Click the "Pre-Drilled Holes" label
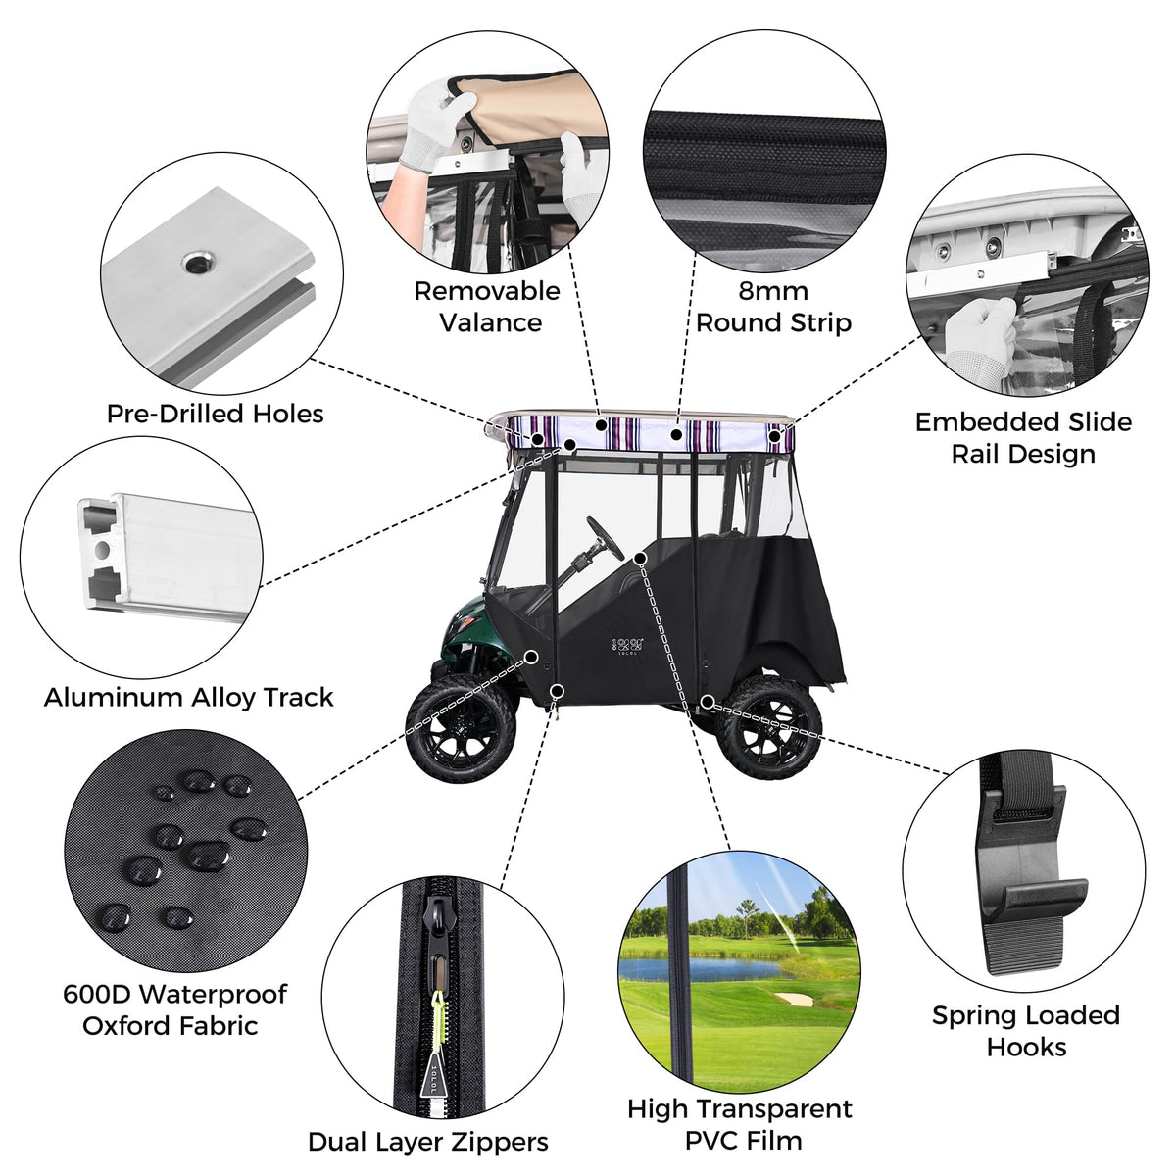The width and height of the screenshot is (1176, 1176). (x=216, y=414)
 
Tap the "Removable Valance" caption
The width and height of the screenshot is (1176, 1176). (x=487, y=307)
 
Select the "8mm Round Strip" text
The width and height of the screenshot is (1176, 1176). (x=773, y=307)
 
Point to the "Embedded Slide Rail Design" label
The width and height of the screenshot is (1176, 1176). (x=1023, y=437)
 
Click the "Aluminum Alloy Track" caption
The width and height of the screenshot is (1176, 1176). (x=188, y=697)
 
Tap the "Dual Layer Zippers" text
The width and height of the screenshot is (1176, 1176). (x=428, y=1142)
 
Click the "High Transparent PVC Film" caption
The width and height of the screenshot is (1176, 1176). (x=740, y=1124)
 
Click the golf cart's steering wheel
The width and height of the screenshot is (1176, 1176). (x=606, y=538)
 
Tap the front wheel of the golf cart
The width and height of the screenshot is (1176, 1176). (x=461, y=728)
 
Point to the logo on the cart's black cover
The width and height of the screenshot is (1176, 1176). (x=628, y=646)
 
